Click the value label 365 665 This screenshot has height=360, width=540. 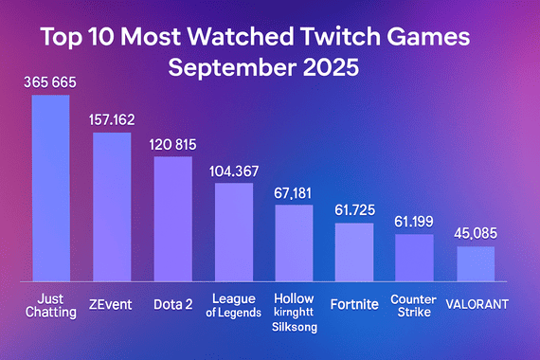click(50, 83)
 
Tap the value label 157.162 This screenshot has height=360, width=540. click(112, 120)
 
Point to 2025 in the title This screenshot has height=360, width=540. click(333, 71)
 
